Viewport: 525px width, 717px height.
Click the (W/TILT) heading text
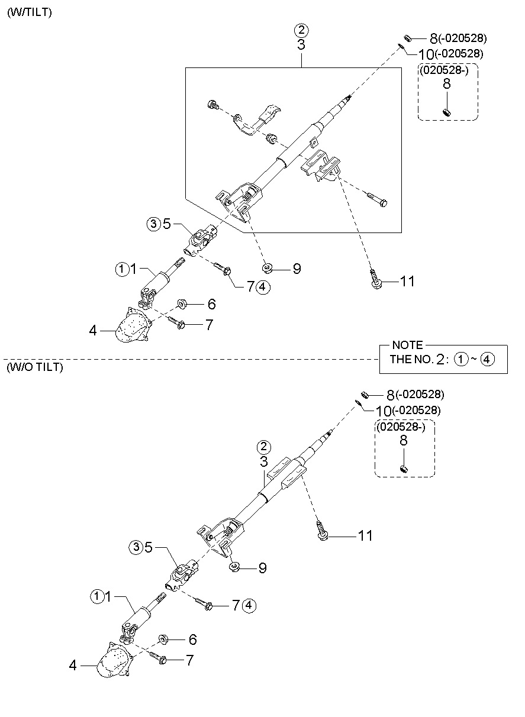coord(29,12)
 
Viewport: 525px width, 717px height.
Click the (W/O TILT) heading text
coord(35,367)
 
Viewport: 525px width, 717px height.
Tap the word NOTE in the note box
coord(407,345)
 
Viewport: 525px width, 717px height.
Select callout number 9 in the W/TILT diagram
coord(297,269)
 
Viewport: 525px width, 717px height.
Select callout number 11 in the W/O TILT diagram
coord(365,536)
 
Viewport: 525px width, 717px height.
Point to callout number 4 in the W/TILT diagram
coord(92,330)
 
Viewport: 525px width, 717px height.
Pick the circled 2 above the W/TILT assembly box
coord(301,30)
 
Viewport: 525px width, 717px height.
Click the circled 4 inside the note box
coord(487,360)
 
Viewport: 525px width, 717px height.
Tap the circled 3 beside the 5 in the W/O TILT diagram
coord(136,547)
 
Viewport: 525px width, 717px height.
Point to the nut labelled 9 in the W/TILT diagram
coord(267,269)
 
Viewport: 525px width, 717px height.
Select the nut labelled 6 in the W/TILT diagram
coord(182,303)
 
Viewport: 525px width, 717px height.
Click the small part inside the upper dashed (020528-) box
coord(446,112)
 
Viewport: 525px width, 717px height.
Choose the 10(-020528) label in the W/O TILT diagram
coord(408,411)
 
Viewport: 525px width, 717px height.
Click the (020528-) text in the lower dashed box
coord(400,427)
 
